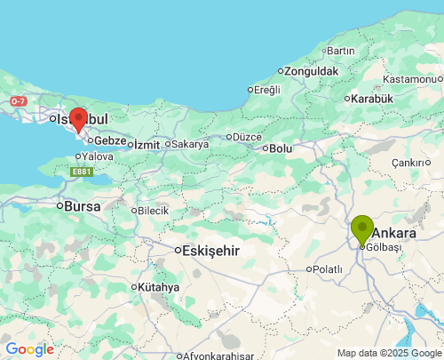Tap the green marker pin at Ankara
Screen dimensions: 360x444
(362, 228)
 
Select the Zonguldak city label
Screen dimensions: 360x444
(312, 70)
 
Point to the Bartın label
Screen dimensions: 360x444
(340, 51)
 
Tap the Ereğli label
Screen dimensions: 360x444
(266, 89)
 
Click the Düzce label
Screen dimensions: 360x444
(245, 136)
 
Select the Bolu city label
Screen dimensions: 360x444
(281, 148)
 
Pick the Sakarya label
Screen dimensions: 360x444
(189, 144)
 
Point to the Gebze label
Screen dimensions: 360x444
(110, 140)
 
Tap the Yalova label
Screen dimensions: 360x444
(97, 156)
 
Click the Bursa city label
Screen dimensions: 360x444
(82, 205)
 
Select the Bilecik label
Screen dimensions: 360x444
(152, 211)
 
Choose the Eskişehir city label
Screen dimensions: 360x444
(210, 251)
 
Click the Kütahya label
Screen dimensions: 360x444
(159, 287)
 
